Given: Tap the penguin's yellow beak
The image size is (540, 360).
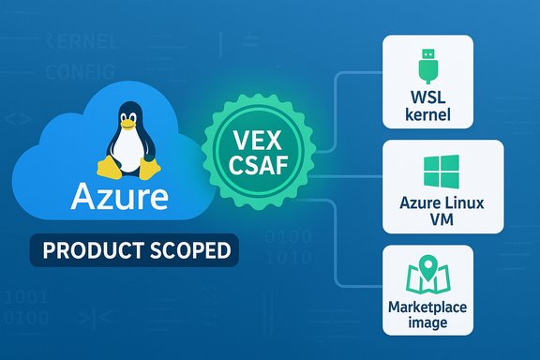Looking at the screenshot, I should point(129,122).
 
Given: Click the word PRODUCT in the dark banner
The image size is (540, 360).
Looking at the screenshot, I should point(90,251).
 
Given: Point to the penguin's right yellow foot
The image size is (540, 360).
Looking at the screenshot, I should point(149,172).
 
